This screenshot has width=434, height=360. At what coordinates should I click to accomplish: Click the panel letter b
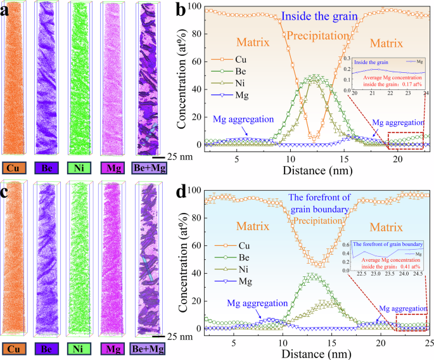[x=180, y=9]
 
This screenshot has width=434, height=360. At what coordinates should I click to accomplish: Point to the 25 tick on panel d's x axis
[x=428, y=343]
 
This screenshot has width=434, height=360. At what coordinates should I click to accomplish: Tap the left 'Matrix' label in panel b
[x=253, y=42]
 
